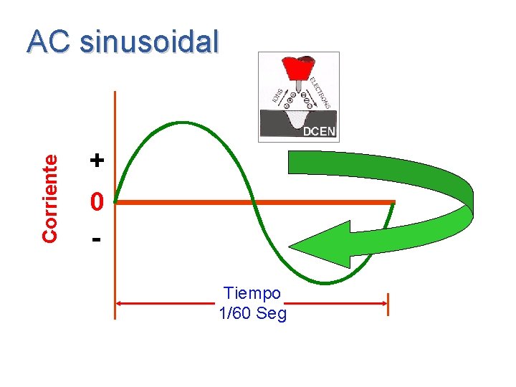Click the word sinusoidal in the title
[149, 42]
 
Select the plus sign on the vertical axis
[97, 160]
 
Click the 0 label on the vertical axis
[97, 204]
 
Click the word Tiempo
[252, 293]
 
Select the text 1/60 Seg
[252, 314]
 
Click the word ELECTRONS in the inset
[321, 92]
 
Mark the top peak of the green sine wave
[183, 123]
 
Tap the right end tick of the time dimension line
[388, 304]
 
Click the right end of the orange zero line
[393, 202]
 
